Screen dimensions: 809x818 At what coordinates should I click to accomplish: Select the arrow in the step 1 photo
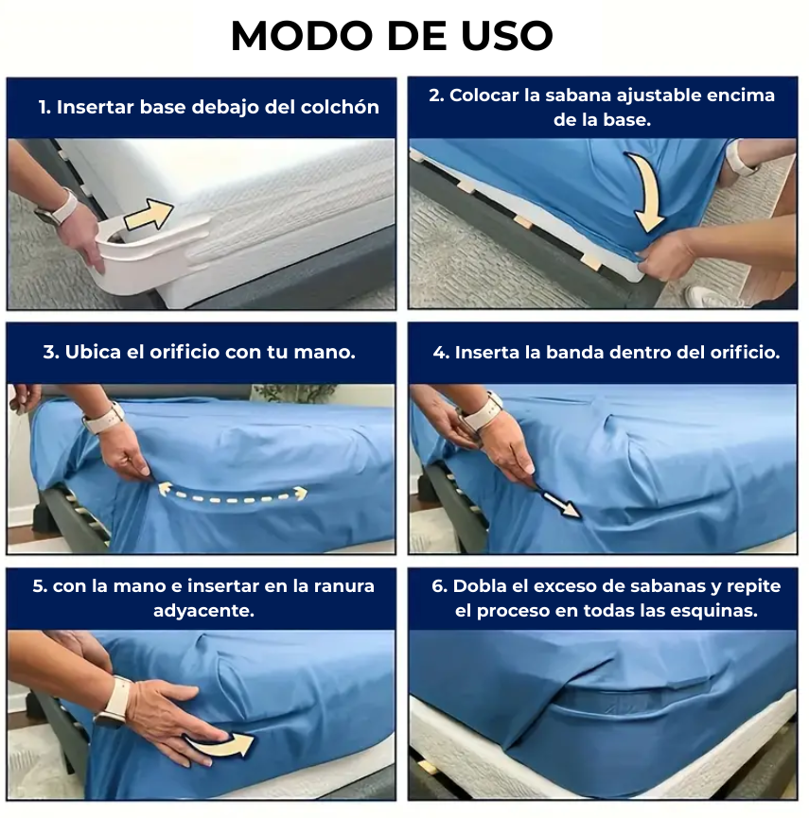coord(149,214)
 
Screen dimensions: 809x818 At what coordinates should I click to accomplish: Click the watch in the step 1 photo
coord(58,208)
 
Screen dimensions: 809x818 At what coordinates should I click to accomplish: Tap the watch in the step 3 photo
coord(104,418)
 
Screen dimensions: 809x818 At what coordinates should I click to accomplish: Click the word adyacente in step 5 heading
coord(203,611)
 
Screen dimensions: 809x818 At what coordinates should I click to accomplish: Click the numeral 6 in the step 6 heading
coord(436,586)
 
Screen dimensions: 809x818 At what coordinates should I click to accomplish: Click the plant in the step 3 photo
coord(295,392)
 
